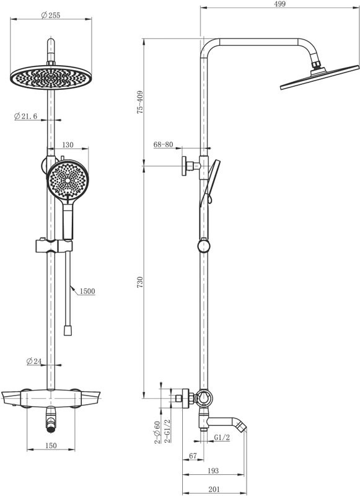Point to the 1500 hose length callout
click(86, 291)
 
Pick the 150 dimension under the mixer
click(51, 445)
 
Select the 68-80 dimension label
click(164, 144)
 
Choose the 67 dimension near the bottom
click(193, 456)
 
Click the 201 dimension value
click(214, 490)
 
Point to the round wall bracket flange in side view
click(184, 167)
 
